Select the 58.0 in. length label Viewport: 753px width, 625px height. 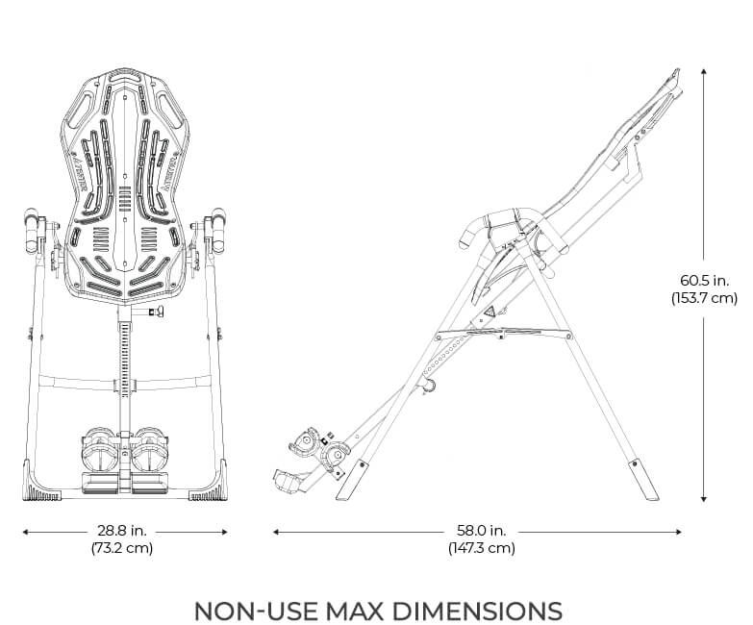(481, 531)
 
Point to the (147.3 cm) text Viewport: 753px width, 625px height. (481, 548)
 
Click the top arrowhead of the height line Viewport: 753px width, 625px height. (704, 70)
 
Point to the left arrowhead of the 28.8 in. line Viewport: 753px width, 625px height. (24, 531)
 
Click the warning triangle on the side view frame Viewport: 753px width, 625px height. (489, 312)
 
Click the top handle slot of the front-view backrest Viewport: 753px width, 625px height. (125, 73)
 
